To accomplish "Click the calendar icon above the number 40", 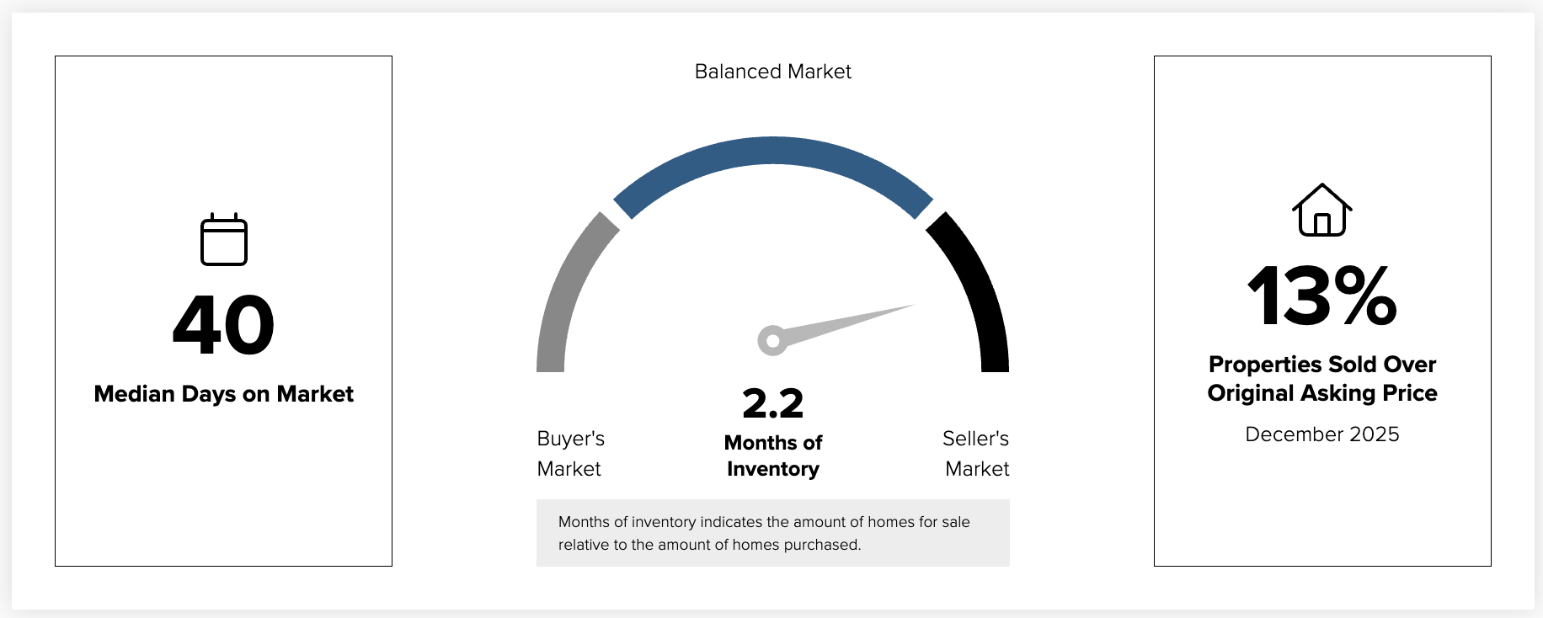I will [x=224, y=240].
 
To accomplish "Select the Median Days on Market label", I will [x=224, y=394].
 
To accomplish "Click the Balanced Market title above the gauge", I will [x=772, y=72].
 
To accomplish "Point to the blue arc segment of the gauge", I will [x=772, y=151].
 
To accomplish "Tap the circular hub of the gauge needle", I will [x=772, y=341].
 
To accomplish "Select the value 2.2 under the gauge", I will [x=772, y=403].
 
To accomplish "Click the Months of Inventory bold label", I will [x=772, y=456].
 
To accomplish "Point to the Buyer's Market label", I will [x=570, y=454].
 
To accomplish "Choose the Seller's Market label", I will [x=976, y=454].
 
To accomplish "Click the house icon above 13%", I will [x=1322, y=210].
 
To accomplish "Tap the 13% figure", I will [x=1322, y=296].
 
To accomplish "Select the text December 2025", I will [x=1322, y=434].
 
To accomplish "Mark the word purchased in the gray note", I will [x=821, y=545].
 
